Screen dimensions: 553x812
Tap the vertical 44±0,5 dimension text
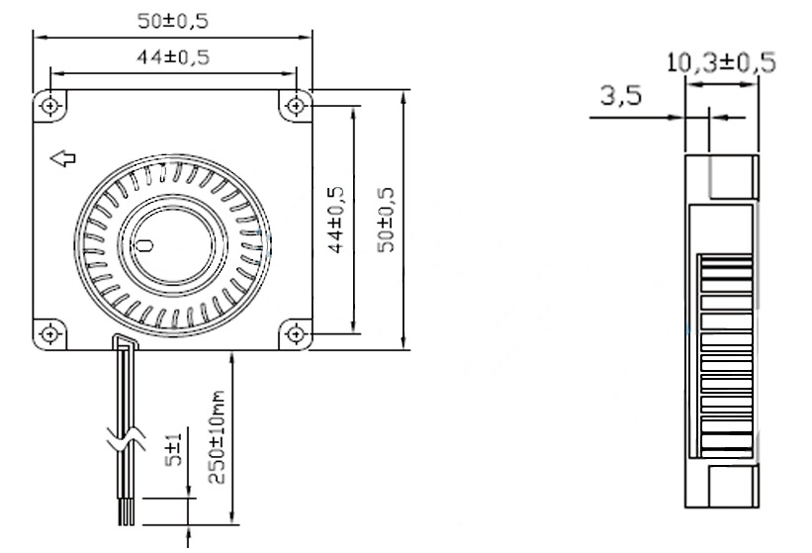pyautogui.click(x=335, y=220)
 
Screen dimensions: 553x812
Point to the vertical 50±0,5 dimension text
pyautogui.click(x=388, y=220)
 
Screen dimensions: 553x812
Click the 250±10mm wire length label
pyautogui.click(x=219, y=437)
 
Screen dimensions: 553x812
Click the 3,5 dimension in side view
pyautogui.click(x=621, y=98)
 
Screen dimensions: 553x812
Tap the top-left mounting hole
pyautogui.click(x=50, y=105)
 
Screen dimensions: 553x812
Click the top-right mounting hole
pyautogui.click(x=295, y=105)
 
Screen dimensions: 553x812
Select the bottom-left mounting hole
pyautogui.click(x=50, y=332)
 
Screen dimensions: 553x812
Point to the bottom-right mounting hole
pyautogui.click(x=295, y=332)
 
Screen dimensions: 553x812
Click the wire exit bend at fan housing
pyautogui.click(x=123, y=343)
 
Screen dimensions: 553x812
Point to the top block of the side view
pyautogui.click(x=733, y=178)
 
